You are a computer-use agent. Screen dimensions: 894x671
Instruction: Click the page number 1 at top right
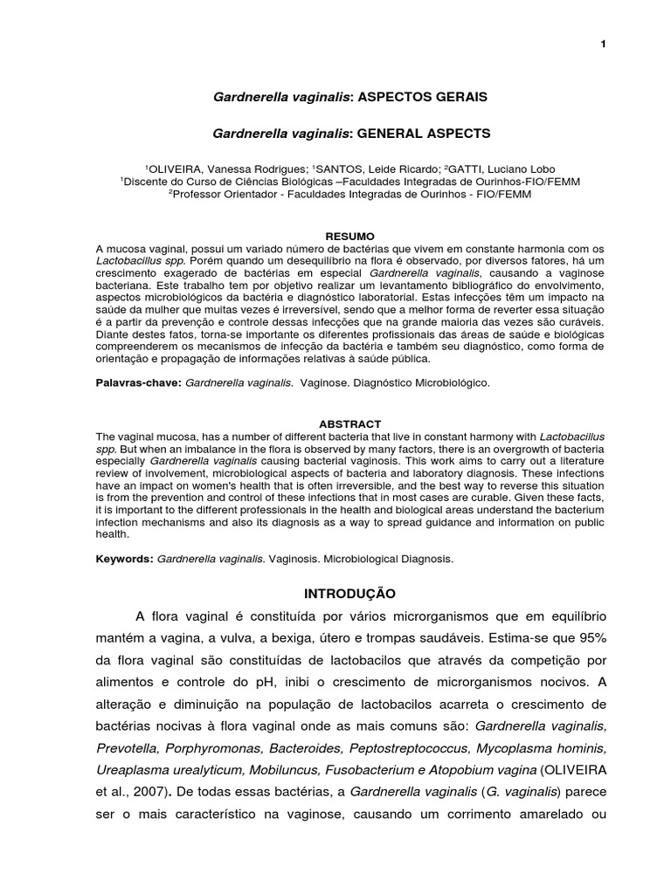click(x=603, y=45)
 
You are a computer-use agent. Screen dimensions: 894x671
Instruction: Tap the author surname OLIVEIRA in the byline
click(x=176, y=168)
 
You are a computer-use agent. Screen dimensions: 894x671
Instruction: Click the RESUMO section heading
click(x=349, y=237)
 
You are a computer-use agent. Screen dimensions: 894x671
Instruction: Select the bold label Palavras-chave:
click(x=138, y=382)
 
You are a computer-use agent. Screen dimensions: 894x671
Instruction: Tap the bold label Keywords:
click(x=125, y=557)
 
